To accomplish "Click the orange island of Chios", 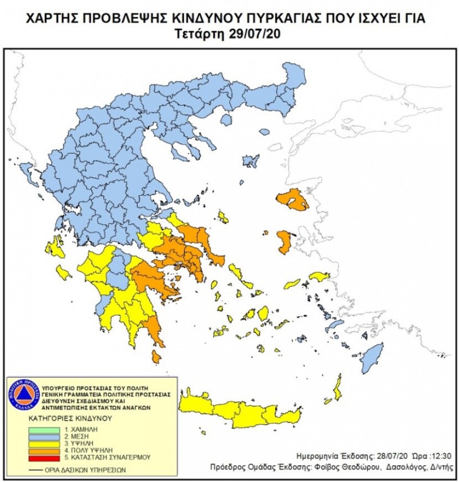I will click(x=285, y=242).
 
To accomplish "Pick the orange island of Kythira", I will click(x=156, y=357).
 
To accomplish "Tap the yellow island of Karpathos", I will click(x=338, y=387).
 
